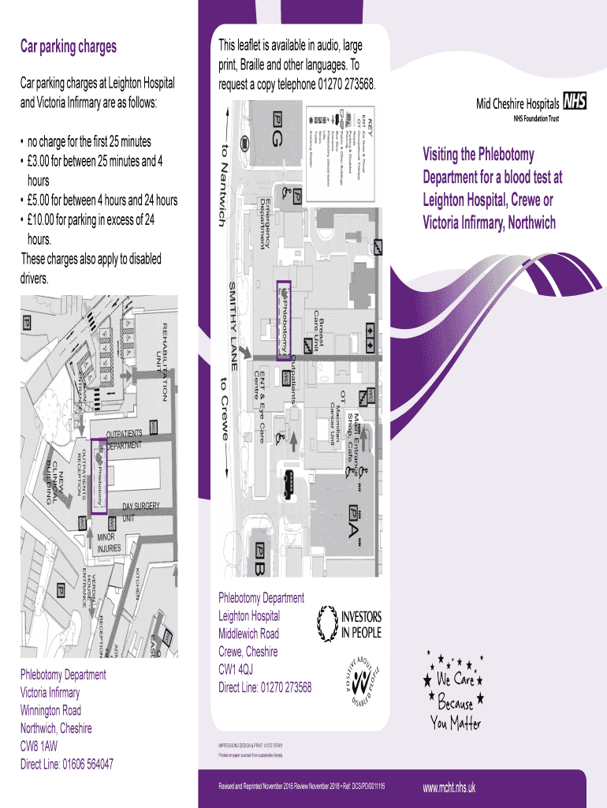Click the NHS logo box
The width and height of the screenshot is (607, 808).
575,103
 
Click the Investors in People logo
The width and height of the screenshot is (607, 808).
348,623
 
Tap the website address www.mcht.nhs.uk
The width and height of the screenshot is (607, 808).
449,787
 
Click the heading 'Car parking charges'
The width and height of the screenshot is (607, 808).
68,47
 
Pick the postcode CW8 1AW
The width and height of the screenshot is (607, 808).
38,746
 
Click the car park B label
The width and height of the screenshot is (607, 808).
261,562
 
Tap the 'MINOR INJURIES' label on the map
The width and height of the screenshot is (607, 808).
109,541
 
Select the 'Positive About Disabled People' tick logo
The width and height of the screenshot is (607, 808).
363,680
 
